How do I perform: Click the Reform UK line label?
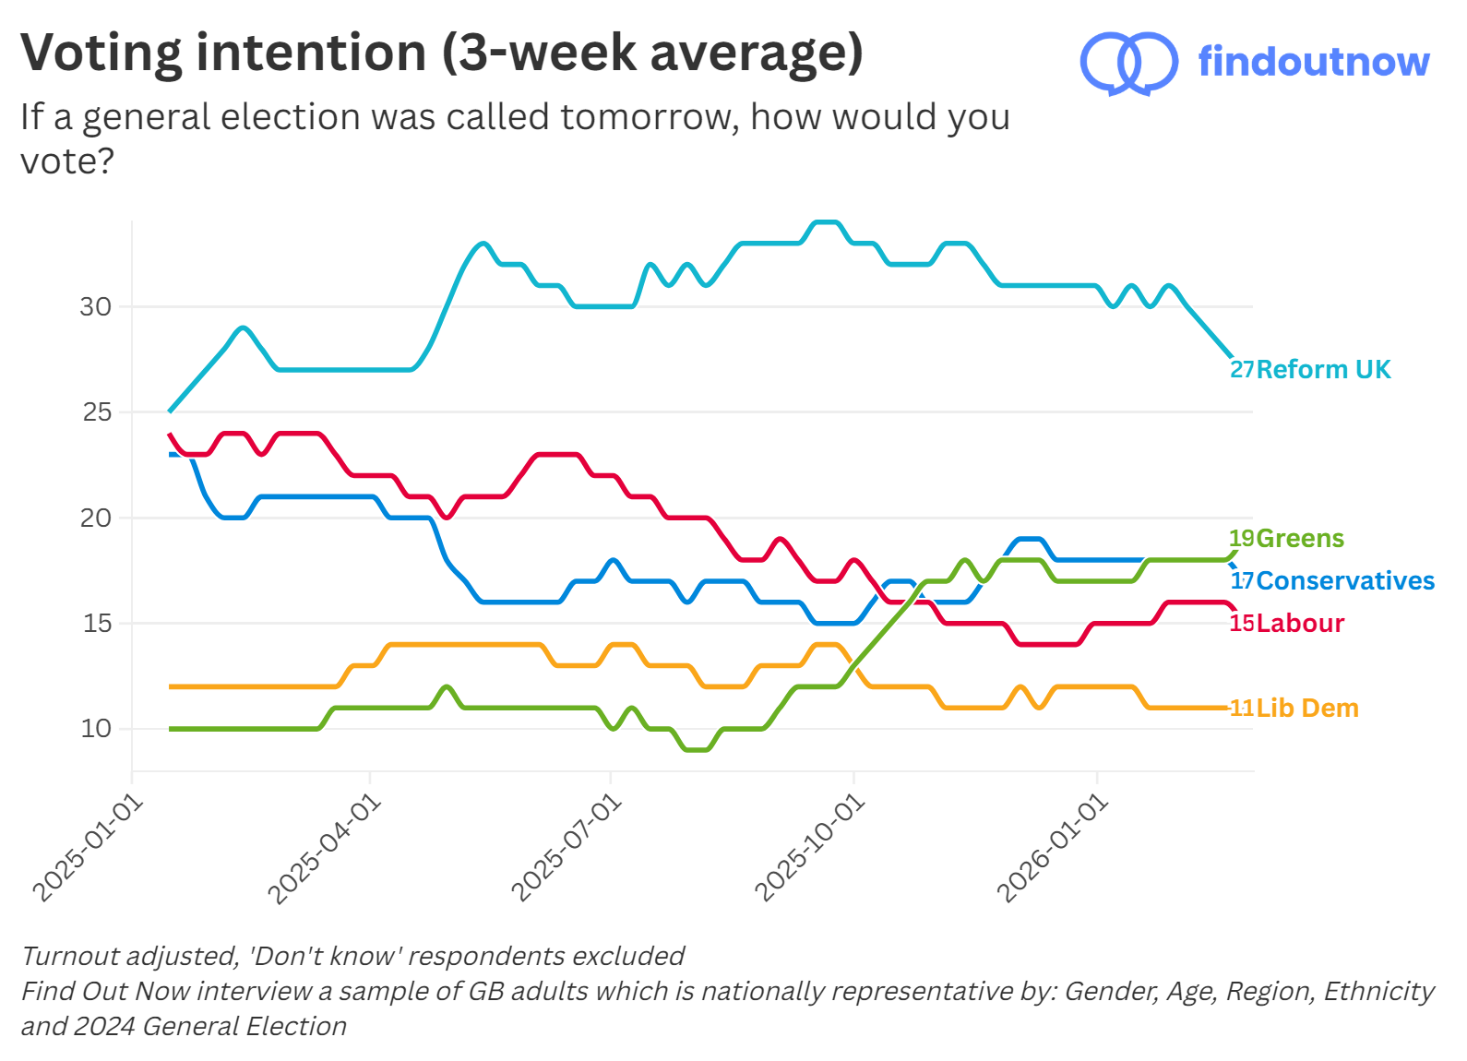tap(1323, 370)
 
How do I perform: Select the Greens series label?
tap(1300, 539)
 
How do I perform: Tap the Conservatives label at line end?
tap(1345, 581)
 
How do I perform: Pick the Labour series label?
tap(1300, 624)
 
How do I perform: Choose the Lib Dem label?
tap(1307, 709)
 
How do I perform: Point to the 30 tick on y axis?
tap(96, 307)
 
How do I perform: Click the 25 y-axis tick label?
tap(97, 412)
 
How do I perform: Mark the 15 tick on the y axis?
tap(97, 624)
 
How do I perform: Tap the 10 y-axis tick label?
tap(96, 729)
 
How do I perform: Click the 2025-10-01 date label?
tap(810, 849)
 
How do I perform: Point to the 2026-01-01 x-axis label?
tap(1053, 849)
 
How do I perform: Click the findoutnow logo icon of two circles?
tap(1128, 63)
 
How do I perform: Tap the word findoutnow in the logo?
tap(1313, 62)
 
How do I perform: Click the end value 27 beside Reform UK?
tap(1242, 370)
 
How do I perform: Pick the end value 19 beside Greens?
tap(1242, 539)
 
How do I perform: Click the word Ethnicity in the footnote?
tap(1378, 992)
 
